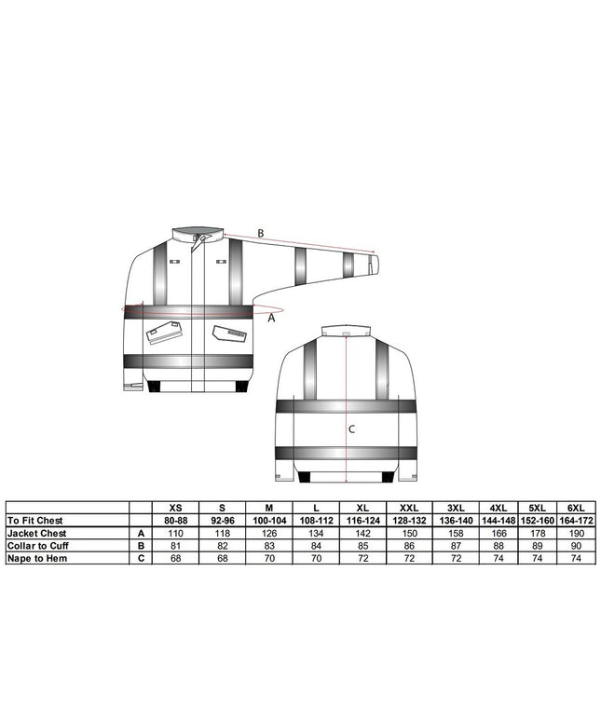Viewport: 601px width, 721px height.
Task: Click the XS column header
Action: coord(176,508)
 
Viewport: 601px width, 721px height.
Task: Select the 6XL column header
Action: coord(576,508)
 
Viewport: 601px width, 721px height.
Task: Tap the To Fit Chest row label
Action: coord(35,520)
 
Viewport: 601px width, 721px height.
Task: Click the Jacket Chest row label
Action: coord(36,533)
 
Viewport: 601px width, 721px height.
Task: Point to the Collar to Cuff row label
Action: coord(37,545)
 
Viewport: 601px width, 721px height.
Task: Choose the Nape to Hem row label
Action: coord(37,558)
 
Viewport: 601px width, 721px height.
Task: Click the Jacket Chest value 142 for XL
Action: coord(362,533)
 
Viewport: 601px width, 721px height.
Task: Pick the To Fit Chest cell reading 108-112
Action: coord(316,520)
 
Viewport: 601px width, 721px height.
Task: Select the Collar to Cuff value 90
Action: coord(576,545)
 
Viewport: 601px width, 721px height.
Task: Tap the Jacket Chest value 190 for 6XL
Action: coord(576,533)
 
